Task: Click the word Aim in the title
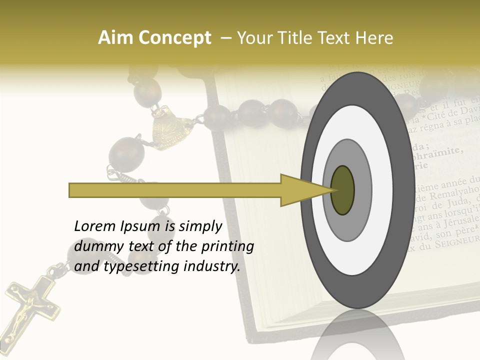tap(116, 38)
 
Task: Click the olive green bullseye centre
tap(342, 190)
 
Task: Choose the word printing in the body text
tap(227, 246)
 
